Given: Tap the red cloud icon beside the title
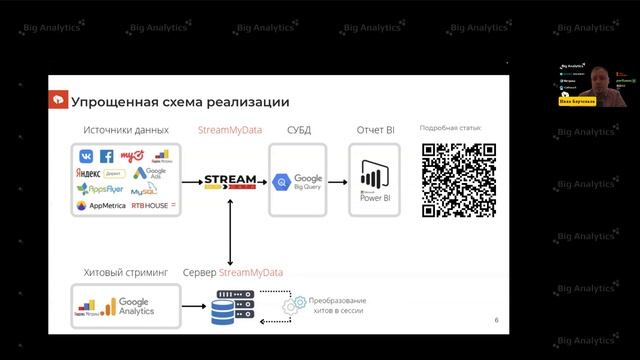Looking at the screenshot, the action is click(x=59, y=101).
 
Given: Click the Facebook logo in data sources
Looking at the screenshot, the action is click(x=106, y=156).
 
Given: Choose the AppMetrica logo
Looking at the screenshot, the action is click(x=107, y=206).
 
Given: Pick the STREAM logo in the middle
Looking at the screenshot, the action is click(x=230, y=183).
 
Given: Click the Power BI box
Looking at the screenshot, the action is click(x=374, y=181).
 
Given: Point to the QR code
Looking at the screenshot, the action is click(x=458, y=180).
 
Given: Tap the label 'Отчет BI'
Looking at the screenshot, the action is click(x=374, y=131).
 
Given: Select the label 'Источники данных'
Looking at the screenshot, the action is click(x=127, y=131).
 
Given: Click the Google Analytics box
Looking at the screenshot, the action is click(x=126, y=306).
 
